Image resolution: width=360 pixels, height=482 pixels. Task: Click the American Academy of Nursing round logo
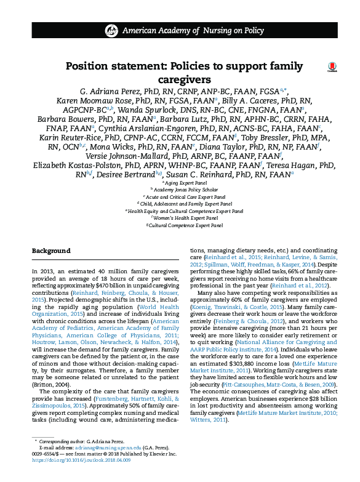tap(111, 30)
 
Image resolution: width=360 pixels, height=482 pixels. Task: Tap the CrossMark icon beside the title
tap(332, 67)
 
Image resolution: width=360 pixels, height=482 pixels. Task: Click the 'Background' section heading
tap(51, 251)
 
